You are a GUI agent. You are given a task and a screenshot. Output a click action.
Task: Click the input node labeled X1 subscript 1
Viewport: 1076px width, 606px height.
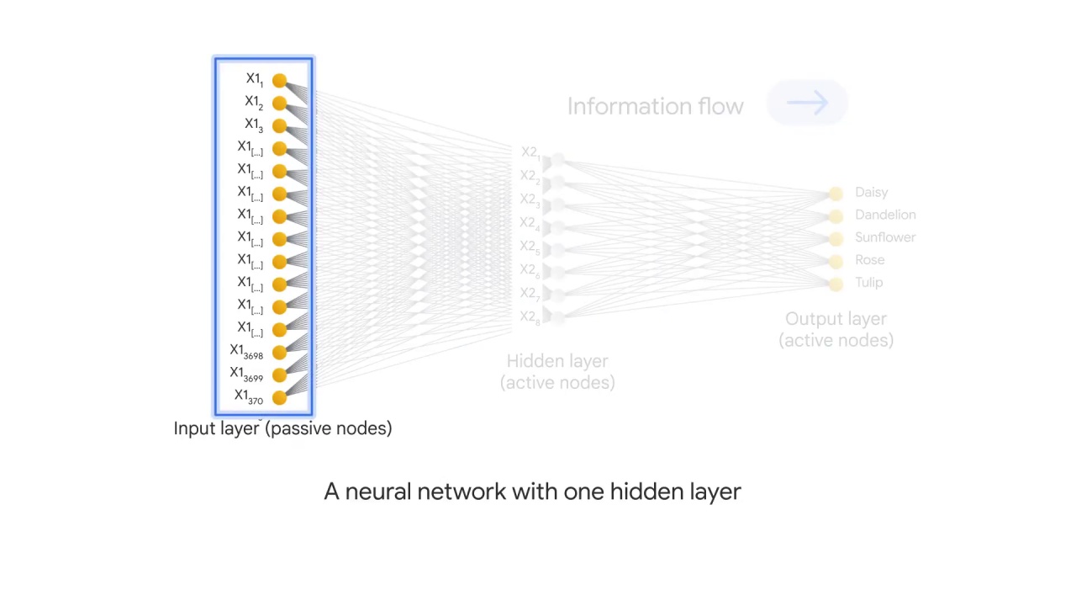click(279, 80)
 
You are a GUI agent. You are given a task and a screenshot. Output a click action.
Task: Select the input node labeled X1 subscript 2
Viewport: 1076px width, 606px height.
click(279, 103)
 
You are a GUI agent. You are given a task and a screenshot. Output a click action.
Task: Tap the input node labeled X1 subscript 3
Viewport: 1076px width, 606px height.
click(279, 125)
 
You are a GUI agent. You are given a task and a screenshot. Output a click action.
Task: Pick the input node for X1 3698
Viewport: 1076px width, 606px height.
click(279, 353)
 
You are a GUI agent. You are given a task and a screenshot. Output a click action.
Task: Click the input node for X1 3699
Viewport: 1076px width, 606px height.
click(279, 375)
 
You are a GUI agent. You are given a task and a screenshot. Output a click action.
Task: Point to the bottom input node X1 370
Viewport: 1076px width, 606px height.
click(279, 398)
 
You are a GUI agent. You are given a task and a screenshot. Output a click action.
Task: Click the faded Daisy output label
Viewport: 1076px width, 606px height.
click(871, 193)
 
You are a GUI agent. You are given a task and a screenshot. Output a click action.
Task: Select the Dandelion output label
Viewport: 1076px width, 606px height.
click(884, 215)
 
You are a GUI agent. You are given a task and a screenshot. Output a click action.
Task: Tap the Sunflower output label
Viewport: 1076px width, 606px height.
click(884, 237)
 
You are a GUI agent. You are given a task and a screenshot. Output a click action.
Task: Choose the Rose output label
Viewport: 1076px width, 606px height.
click(869, 260)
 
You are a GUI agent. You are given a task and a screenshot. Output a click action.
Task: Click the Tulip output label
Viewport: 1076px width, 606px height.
click(868, 283)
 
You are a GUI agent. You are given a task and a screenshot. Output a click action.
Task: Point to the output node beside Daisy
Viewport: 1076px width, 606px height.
click(835, 194)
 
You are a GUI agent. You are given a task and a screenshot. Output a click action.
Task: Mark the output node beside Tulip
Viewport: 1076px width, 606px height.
click(835, 284)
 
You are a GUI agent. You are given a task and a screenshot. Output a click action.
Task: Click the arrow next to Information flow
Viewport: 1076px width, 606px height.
click(807, 104)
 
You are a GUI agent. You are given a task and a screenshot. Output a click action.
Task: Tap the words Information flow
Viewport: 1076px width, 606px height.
click(655, 107)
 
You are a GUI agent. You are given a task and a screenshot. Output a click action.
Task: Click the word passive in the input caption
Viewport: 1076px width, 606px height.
click(298, 428)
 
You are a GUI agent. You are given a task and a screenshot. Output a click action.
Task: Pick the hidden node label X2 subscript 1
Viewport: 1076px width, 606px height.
click(530, 153)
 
